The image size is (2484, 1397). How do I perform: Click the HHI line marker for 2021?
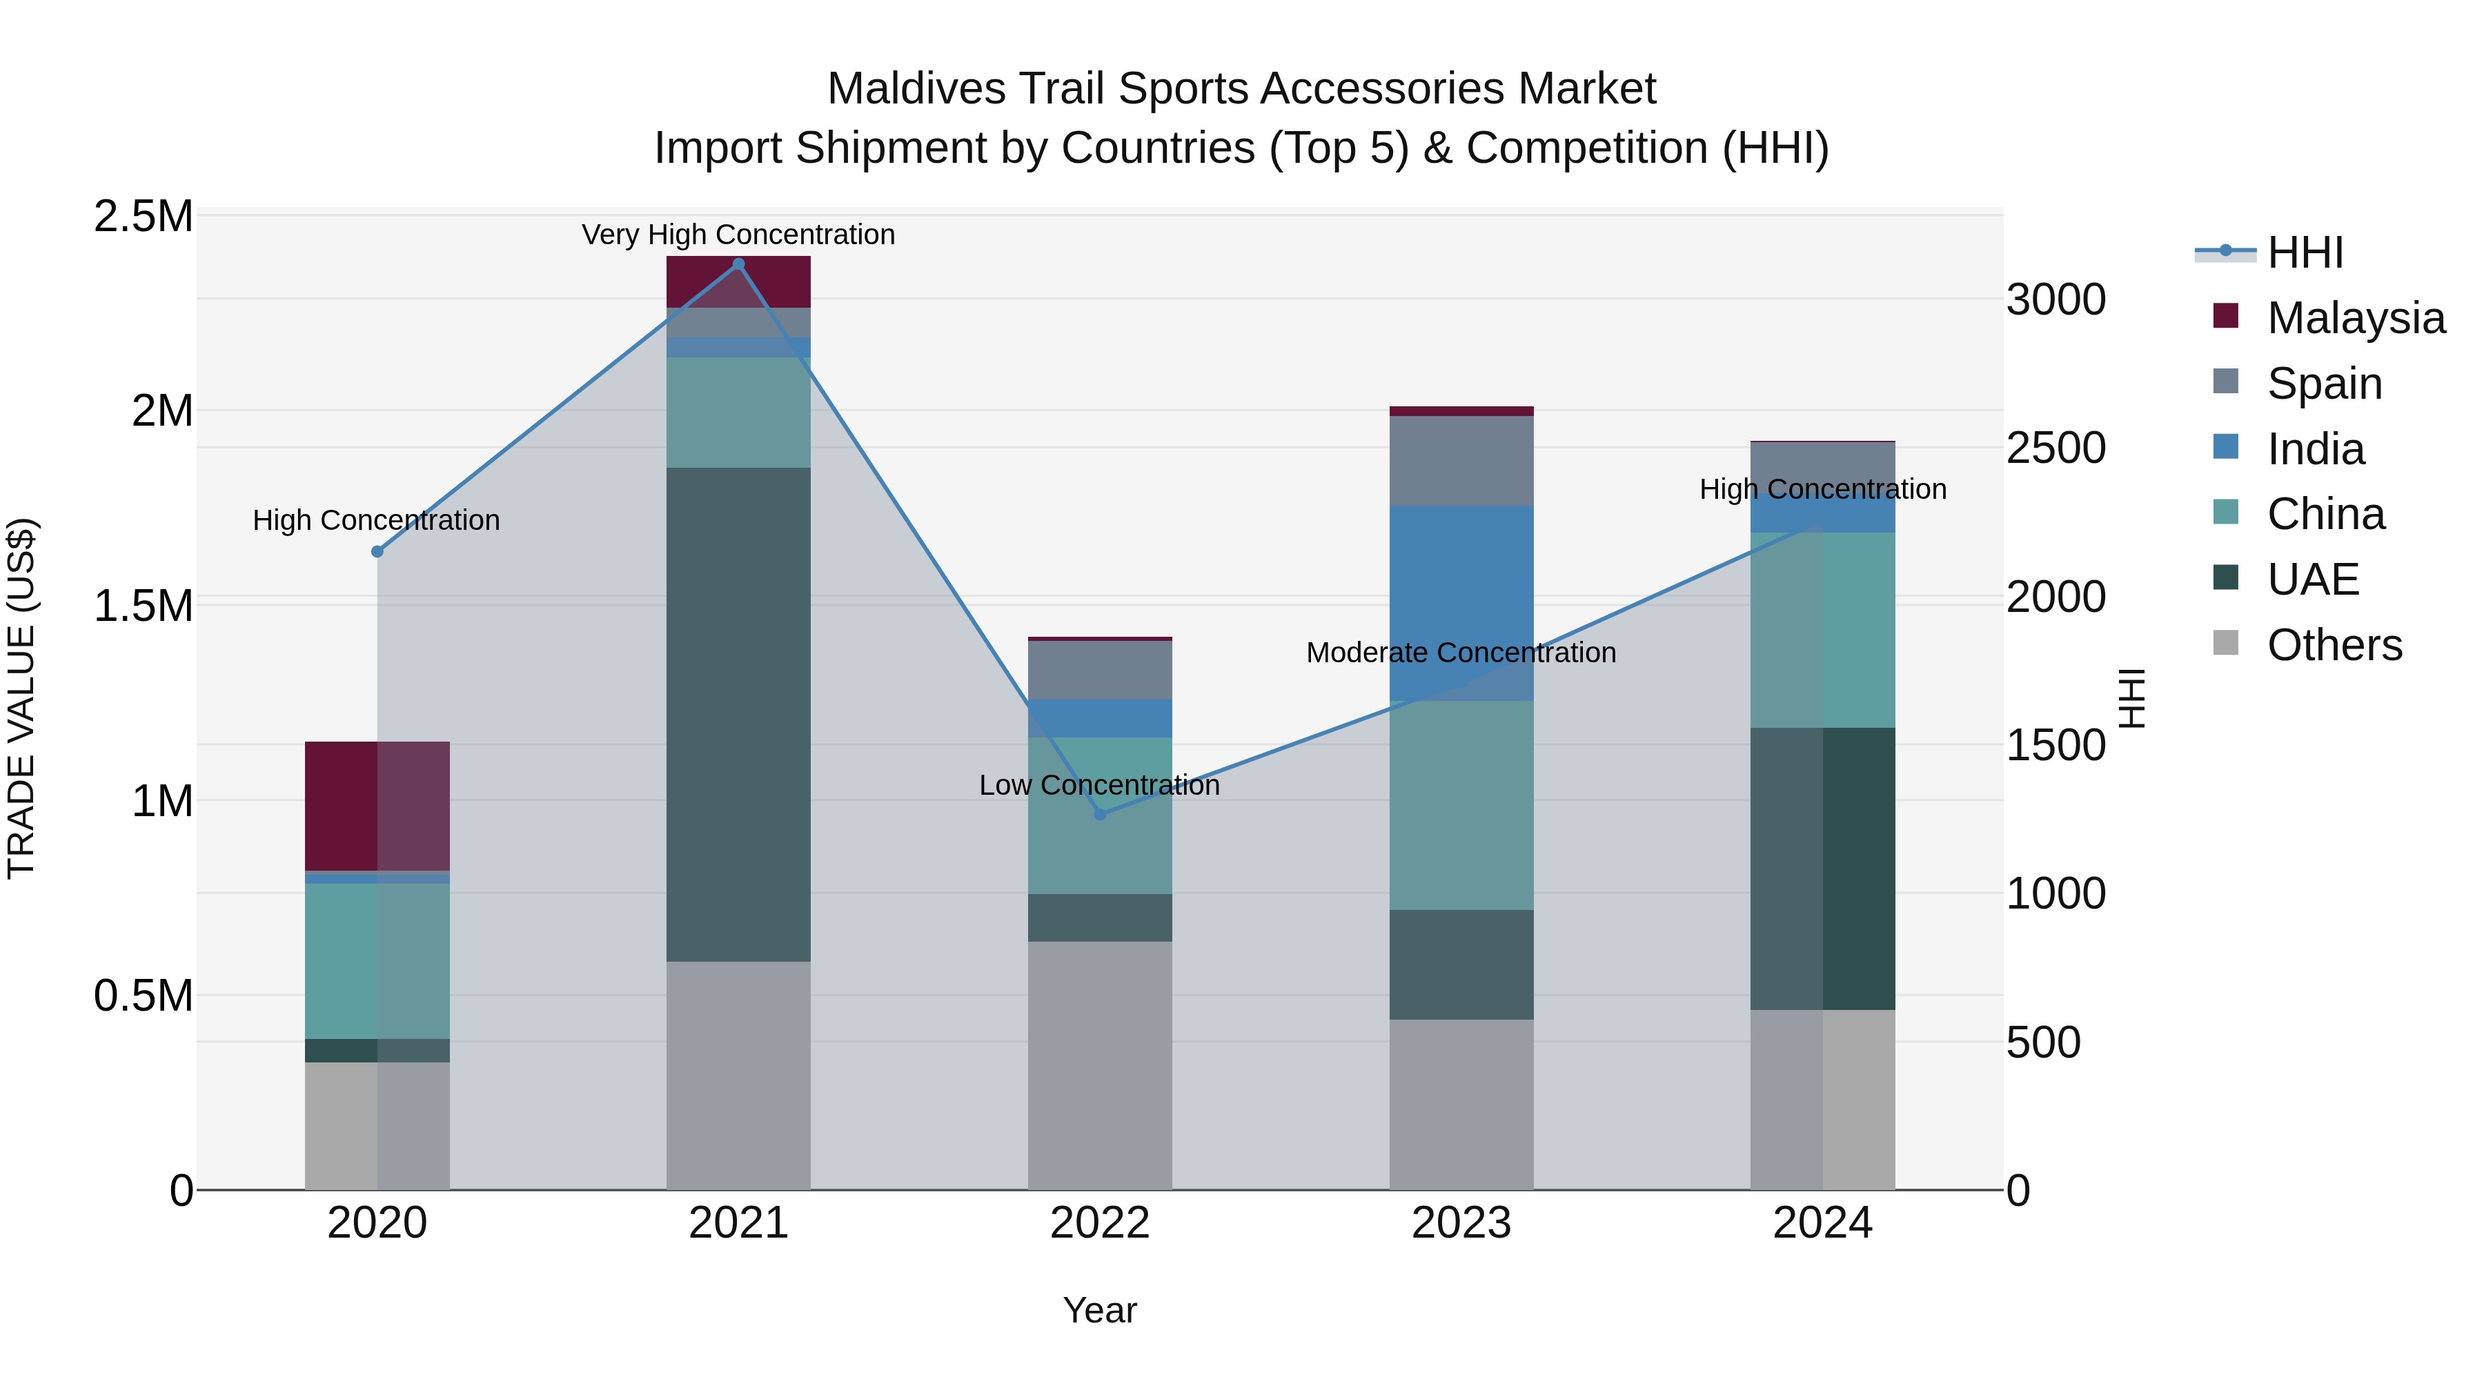(x=738, y=264)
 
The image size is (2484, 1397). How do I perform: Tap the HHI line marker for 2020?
(x=377, y=551)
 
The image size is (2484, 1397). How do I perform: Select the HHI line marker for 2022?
(x=1101, y=815)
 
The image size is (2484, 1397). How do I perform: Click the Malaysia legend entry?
(x=2356, y=318)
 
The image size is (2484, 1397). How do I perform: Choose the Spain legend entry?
(x=2324, y=384)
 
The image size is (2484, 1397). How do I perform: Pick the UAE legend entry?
(x=2312, y=579)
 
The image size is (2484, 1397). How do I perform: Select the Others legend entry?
(x=2334, y=645)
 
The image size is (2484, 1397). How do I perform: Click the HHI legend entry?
(x=2305, y=252)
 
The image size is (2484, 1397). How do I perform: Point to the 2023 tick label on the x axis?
(x=1461, y=1223)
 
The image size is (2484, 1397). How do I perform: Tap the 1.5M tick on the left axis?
(x=144, y=606)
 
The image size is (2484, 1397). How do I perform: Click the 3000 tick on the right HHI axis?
(x=2056, y=300)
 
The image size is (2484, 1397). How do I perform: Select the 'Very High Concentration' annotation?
(x=738, y=235)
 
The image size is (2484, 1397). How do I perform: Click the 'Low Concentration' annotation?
(x=1099, y=786)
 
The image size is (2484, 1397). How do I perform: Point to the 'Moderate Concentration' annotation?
(x=1461, y=653)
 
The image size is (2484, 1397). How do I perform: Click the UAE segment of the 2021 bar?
(x=738, y=713)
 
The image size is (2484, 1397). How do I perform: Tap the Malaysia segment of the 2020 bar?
(x=377, y=806)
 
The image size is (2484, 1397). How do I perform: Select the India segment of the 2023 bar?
(x=1461, y=602)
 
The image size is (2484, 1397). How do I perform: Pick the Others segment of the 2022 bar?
(x=1101, y=1065)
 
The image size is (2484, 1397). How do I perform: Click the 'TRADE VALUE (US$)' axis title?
(x=21, y=698)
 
